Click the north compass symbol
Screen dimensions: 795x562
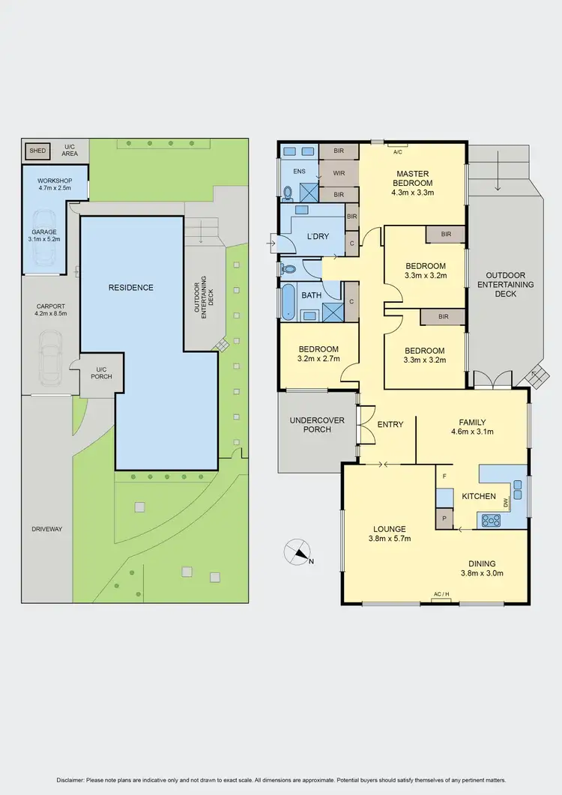coord(297,553)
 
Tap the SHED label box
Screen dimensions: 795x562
coord(37,151)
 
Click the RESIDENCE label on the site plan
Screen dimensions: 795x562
coord(131,288)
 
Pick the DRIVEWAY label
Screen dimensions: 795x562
coord(46,529)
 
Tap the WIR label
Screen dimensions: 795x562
coord(338,172)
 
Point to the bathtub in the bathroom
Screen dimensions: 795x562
coord(288,303)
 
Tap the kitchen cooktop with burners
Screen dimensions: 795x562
coord(492,519)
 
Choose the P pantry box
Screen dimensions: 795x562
coord(444,519)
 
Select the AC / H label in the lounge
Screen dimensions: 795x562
coord(441,594)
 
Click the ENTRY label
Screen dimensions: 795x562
coord(390,425)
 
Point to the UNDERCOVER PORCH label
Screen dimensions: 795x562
coord(317,425)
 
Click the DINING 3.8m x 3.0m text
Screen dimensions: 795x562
coord(482,569)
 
